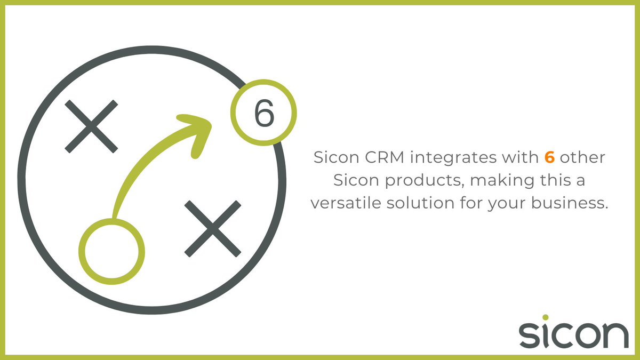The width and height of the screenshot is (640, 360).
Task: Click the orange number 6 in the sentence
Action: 549,158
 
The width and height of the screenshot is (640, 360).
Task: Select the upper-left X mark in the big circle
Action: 91,126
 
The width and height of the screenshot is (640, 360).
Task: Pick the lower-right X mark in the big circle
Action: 212,228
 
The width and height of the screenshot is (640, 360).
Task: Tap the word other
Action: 586,158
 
